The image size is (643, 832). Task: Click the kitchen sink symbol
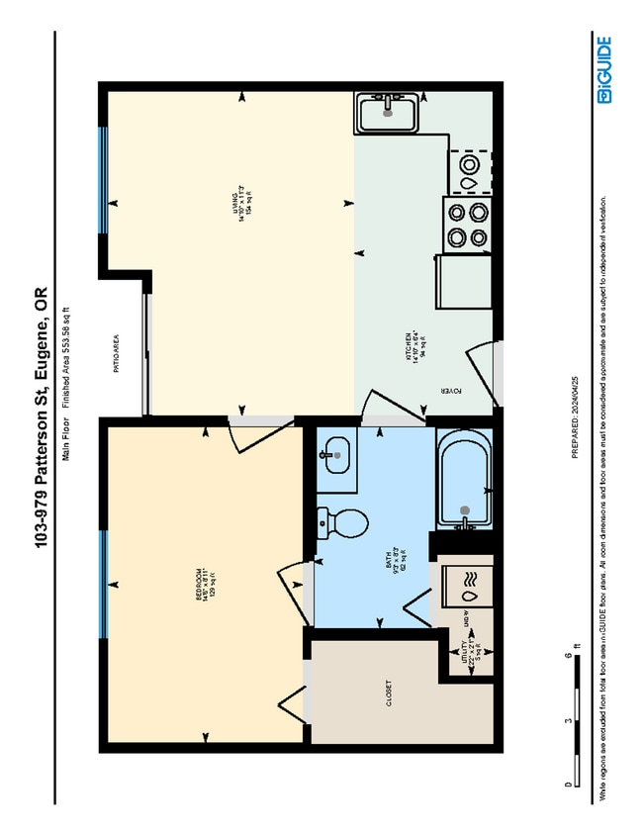click(x=387, y=114)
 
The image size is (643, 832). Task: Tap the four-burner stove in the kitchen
click(x=468, y=224)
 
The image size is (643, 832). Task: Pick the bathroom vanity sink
click(x=335, y=456)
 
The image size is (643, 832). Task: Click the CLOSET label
click(x=387, y=690)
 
